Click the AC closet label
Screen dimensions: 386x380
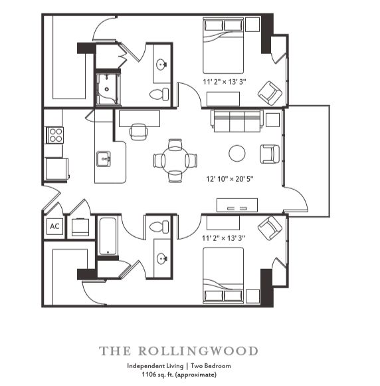(54, 226)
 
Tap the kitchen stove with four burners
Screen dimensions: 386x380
(54, 136)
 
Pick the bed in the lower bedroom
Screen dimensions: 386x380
(223, 274)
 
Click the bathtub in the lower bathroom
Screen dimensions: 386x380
(108, 236)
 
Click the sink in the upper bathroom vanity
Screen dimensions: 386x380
(161, 65)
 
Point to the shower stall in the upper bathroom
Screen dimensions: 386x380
(106, 89)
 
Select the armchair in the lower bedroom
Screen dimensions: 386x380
(269, 228)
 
